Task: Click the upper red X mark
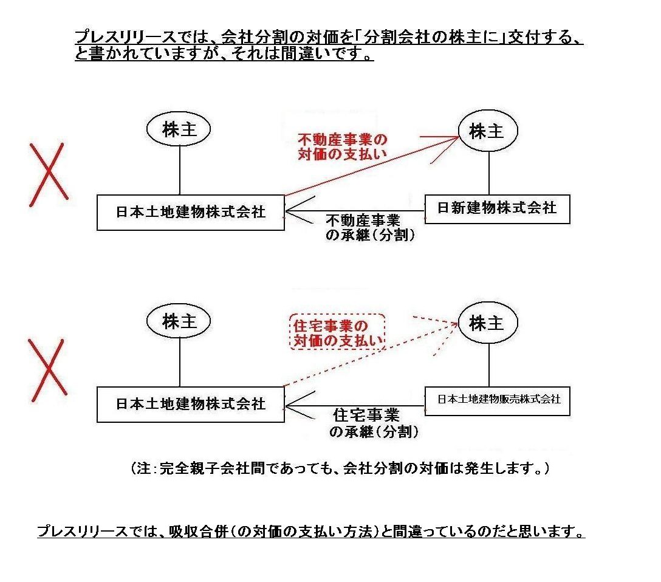click(x=49, y=174)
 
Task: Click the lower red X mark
click(x=47, y=369)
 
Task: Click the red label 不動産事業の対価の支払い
click(x=342, y=146)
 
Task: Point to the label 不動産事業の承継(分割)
click(x=369, y=228)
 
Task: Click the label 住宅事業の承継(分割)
click(x=372, y=423)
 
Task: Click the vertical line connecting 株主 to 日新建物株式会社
click(x=489, y=173)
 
